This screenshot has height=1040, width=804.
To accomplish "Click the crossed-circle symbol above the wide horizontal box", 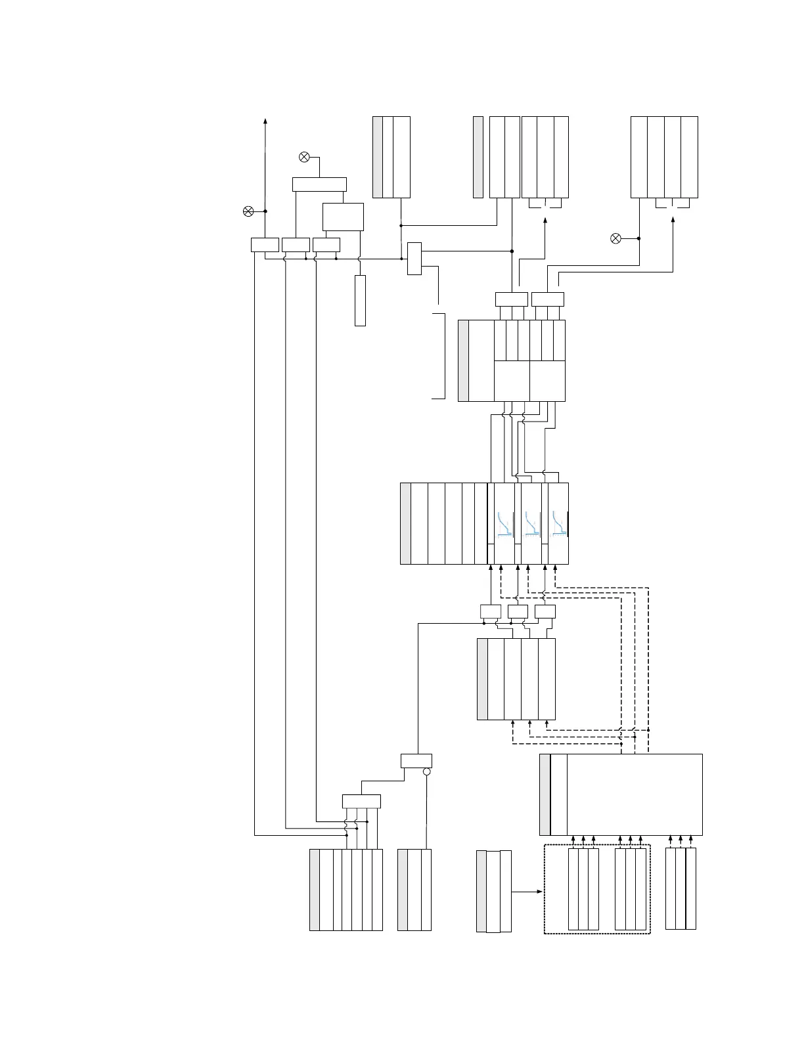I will pyautogui.click(x=304, y=157).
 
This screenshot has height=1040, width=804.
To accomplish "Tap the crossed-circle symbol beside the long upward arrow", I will pyautogui.click(x=248, y=211).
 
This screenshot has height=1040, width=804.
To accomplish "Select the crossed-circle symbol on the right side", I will pyautogui.click(x=615, y=238).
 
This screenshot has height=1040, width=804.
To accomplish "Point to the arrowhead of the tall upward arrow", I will pyautogui.click(x=265, y=121).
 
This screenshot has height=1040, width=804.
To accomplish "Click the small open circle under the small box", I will pyautogui.click(x=426, y=771).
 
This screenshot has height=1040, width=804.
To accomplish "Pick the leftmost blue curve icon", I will pyautogui.click(x=504, y=524).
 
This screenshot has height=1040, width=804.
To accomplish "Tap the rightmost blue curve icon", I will pyautogui.click(x=559, y=524).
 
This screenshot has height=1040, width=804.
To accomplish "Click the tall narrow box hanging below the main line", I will pyautogui.click(x=360, y=300).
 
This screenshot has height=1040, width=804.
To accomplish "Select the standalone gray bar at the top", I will pyautogui.click(x=478, y=157).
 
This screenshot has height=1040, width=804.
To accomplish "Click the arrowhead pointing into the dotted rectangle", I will pyautogui.click(x=540, y=892).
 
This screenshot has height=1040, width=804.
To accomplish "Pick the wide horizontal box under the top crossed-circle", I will pyautogui.click(x=319, y=184).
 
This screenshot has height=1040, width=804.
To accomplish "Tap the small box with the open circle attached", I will pyautogui.click(x=416, y=761).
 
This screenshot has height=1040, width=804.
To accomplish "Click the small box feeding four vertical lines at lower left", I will pyautogui.click(x=361, y=801).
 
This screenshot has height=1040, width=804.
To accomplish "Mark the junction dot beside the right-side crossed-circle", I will pyautogui.click(x=639, y=238).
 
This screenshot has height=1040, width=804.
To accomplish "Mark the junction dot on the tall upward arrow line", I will pyautogui.click(x=265, y=211).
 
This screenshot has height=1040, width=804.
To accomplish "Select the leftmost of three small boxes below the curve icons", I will pyautogui.click(x=491, y=611).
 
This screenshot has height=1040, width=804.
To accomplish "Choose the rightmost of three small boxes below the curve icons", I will pyautogui.click(x=545, y=611).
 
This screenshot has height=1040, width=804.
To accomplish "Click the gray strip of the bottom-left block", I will pyautogui.click(x=315, y=890).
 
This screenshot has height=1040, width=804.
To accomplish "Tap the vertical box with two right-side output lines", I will pyautogui.click(x=414, y=258).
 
